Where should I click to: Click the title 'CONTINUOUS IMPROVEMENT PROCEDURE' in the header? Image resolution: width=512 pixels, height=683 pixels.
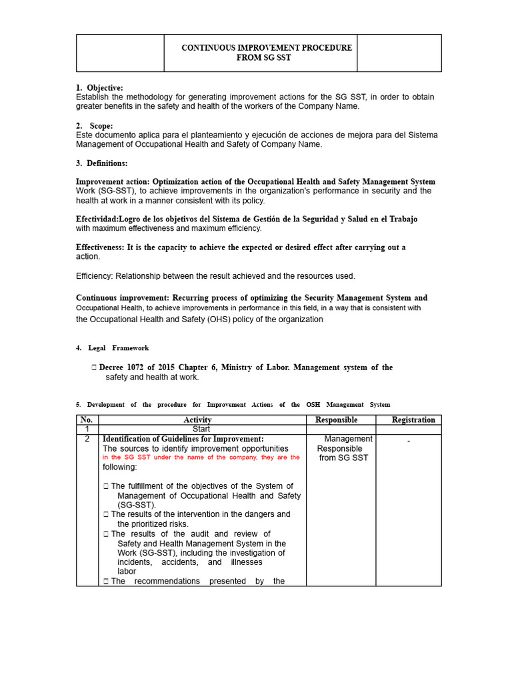pos(267,48)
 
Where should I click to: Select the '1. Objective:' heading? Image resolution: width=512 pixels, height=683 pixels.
pos(99,88)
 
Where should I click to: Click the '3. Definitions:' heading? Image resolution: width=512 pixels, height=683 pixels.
pos(101,163)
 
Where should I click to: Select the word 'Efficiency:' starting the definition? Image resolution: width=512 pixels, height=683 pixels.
pos(97,276)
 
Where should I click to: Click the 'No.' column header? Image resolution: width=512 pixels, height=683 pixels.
pos(87,420)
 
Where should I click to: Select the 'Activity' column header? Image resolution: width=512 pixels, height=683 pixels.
pos(197,420)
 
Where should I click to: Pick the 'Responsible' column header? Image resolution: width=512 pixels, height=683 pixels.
pos(336,420)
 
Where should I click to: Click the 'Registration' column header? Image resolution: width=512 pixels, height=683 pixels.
pos(413,420)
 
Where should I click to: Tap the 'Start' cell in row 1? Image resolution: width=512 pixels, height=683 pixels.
pos(201,430)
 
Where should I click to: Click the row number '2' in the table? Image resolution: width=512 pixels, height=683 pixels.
pos(87,440)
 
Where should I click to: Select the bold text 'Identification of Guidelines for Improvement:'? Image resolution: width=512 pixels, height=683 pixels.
pos(183,439)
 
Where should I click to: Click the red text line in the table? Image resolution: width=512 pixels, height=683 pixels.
pos(201,458)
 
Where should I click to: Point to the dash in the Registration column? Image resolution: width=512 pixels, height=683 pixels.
pos(409,442)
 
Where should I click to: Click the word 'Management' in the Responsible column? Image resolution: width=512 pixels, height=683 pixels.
pos(348,439)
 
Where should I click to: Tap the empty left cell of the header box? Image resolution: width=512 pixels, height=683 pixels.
pos(120,53)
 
